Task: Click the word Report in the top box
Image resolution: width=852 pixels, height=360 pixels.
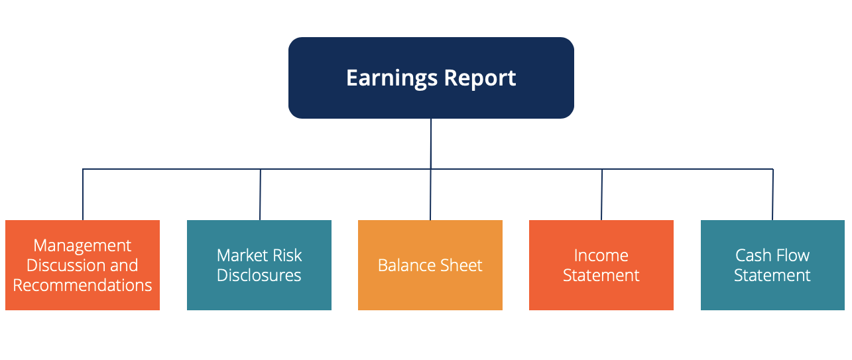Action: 480,78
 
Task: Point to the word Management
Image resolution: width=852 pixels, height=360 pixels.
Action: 82,245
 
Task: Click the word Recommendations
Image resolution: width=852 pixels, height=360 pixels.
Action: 82,285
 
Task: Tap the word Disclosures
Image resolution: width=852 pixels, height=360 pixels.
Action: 259,275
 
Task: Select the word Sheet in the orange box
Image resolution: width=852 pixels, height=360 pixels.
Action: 462,265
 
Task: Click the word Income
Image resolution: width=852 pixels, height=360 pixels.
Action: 601,255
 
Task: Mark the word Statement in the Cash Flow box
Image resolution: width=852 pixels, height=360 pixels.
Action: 772,275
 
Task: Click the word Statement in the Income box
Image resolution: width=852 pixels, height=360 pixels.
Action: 601,275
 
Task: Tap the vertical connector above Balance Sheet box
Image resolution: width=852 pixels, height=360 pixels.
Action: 430,195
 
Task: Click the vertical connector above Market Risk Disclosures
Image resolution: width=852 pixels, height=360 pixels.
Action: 260,195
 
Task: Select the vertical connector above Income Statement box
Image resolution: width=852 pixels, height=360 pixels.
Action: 602,195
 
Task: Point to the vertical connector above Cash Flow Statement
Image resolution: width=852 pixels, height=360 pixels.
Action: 772,195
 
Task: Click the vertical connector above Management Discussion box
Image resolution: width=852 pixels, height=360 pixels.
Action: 83,195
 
